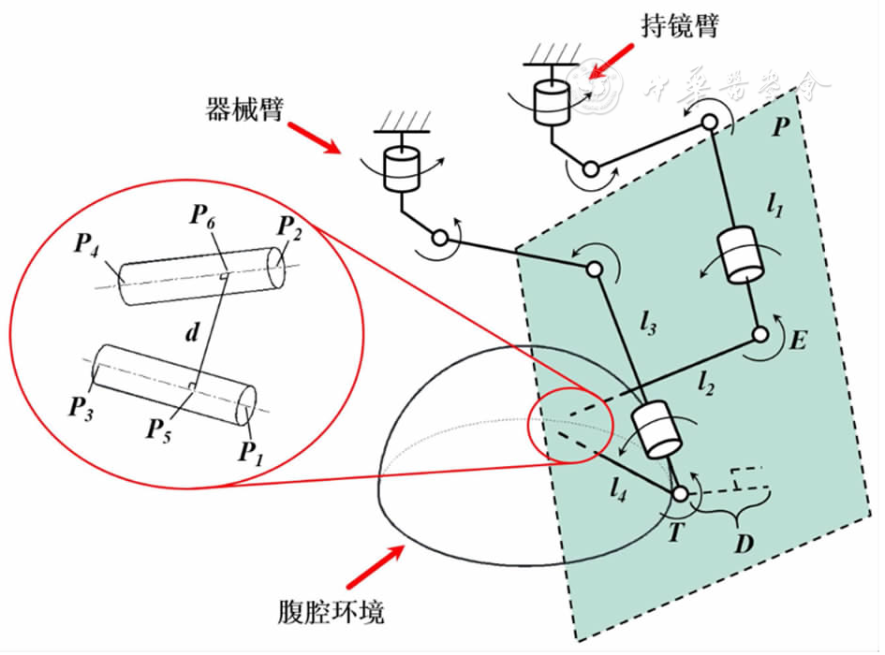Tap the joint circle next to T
click(x=680, y=494)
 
